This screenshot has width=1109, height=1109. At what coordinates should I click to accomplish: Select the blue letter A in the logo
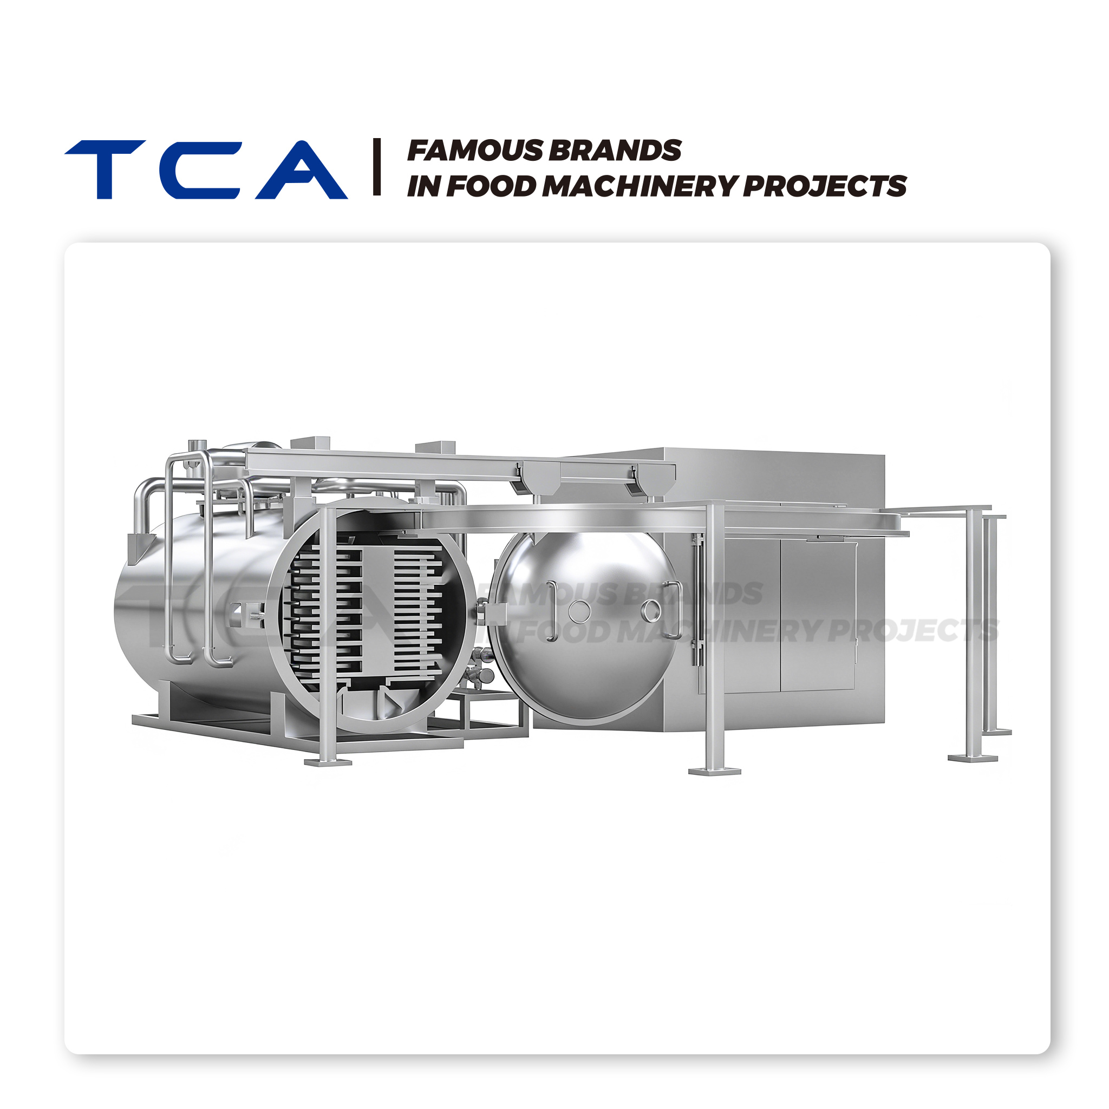tap(302, 169)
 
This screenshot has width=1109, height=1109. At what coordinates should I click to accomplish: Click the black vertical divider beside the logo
tap(376, 166)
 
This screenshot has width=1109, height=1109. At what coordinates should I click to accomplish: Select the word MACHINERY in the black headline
tap(640, 186)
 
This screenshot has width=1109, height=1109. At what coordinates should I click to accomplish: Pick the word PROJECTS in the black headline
tap(825, 186)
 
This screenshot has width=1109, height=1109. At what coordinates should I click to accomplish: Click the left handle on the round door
tap(551, 611)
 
